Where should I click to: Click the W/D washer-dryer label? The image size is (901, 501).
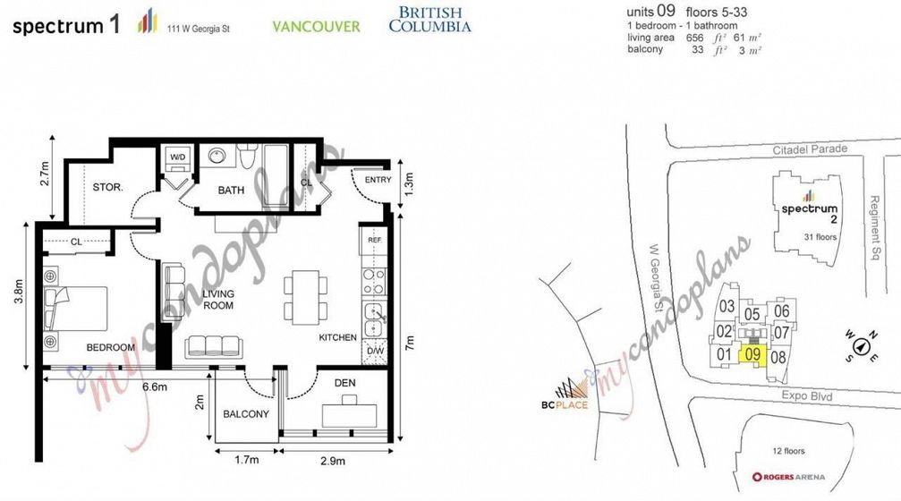click(x=177, y=157)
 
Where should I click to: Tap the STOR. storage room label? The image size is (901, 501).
click(x=107, y=187)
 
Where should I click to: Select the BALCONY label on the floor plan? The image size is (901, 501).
click(x=246, y=413)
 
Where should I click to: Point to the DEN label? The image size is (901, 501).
click(x=344, y=383)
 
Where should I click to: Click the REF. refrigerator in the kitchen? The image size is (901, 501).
click(x=375, y=240)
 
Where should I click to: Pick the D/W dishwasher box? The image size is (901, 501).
click(x=375, y=351)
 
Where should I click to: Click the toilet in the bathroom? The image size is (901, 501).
click(x=248, y=156)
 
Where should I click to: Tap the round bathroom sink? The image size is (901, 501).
click(x=217, y=157)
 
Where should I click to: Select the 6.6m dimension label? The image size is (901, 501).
click(x=155, y=386)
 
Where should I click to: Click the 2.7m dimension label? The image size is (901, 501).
click(x=45, y=173)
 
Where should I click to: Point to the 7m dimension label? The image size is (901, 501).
click(x=409, y=343)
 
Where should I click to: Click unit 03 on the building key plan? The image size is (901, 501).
click(x=727, y=306)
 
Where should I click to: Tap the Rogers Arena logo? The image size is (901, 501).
click(x=787, y=477)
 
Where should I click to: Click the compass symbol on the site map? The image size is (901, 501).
click(x=861, y=346)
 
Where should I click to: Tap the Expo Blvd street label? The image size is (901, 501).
click(x=807, y=395)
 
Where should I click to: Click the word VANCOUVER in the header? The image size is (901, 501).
click(x=316, y=27)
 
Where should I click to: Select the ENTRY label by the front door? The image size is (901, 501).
click(x=378, y=180)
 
